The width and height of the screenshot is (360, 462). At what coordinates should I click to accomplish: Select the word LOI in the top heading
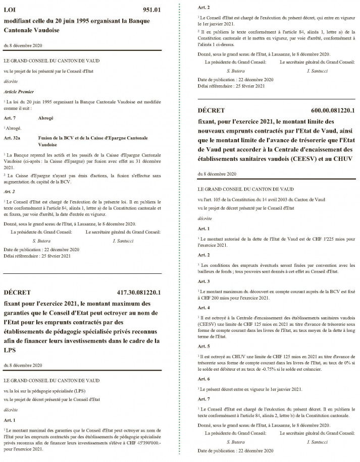(11, 10)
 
